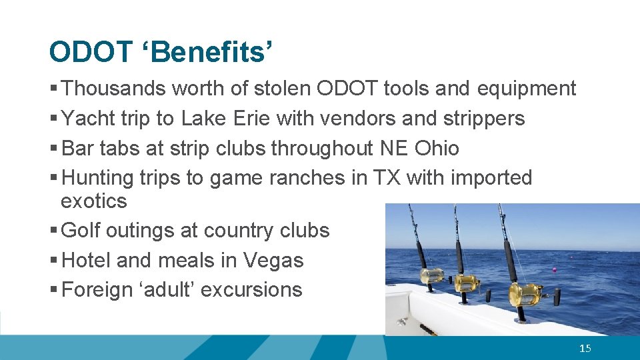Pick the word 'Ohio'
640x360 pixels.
(437, 148)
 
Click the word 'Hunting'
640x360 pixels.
(98, 178)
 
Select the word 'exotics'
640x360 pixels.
(93, 201)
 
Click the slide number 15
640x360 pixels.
(585, 348)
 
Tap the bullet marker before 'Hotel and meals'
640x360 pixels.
(53, 261)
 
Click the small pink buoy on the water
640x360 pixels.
(554, 270)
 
